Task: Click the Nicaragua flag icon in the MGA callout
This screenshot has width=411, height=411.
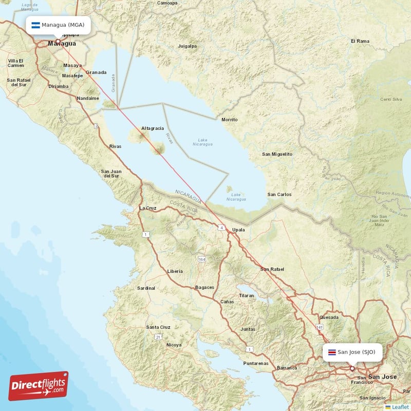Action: coord(35,25)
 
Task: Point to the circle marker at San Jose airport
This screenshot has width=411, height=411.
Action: coord(352,368)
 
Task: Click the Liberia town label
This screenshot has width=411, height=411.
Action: coord(175,271)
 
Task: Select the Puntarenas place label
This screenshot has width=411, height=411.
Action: coord(256,363)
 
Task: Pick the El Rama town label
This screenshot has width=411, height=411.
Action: coord(360,41)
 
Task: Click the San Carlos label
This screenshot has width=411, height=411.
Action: coord(279,194)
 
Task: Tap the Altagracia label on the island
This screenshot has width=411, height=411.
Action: coord(153,128)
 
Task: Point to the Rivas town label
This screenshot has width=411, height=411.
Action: coord(116,146)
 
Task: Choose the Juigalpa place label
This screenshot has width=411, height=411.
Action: coord(187,46)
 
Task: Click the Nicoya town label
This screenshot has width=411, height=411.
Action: coord(174,345)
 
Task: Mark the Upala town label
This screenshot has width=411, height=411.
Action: coord(238,230)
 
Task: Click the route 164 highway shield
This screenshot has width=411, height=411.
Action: coord(202,259)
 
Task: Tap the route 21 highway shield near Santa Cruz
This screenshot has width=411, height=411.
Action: coord(158,337)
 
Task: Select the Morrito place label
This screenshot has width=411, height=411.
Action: coord(229,120)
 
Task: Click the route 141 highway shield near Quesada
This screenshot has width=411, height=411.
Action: coord(320,327)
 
